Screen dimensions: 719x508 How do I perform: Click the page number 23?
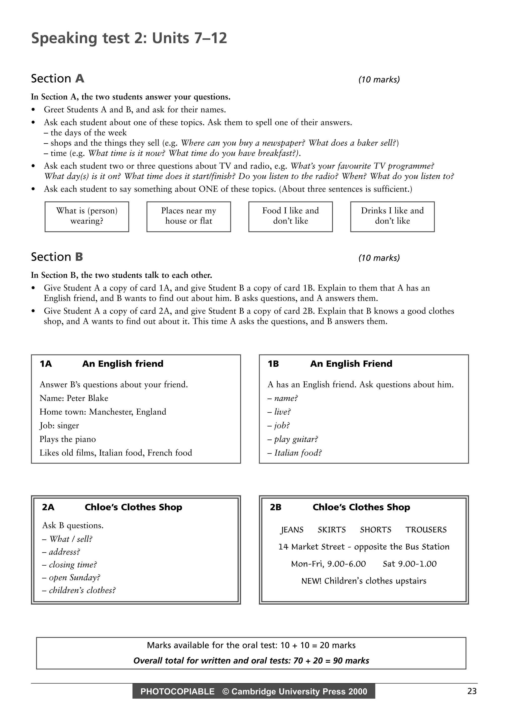[x=472, y=691]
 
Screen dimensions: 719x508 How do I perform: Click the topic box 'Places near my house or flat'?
[x=189, y=216]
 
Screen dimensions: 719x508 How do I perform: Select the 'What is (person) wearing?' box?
[x=87, y=216]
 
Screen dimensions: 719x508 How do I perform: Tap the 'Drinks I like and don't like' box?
[x=392, y=216]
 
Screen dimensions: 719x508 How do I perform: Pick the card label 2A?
[x=48, y=507]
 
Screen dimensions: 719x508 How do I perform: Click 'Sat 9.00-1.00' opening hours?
[x=410, y=564]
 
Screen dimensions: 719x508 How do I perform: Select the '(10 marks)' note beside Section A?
[x=379, y=80]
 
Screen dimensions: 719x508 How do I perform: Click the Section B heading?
[x=57, y=257]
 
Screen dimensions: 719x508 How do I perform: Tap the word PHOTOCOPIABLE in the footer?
[x=177, y=691]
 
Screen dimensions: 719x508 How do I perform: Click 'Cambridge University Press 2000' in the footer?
[x=299, y=691]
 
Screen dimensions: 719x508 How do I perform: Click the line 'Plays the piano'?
[x=68, y=439]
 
